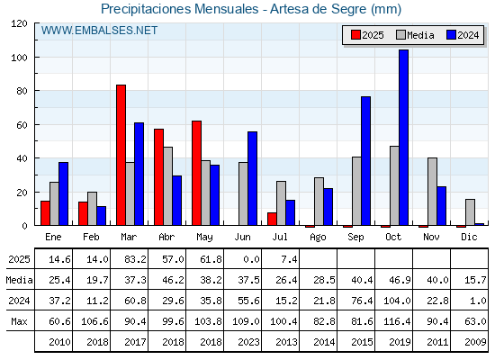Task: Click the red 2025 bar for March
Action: tap(121, 155)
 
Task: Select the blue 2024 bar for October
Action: tap(404, 138)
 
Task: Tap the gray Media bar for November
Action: tap(432, 192)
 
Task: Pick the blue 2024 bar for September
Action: tap(365, 161)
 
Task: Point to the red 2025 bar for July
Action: tap(272, 219)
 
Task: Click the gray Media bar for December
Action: tap(470, 212)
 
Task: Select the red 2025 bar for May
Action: tap(197, 173)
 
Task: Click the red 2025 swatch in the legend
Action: tap(355, 35)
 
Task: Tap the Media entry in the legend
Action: tap(415, 35)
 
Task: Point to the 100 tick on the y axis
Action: tap(36, 58)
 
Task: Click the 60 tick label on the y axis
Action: tap(22, 125)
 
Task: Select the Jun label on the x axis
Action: tap(242, 237)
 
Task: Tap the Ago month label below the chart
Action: tap(319, 238)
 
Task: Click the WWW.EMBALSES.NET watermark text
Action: tap(99, 31)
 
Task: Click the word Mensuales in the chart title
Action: tap(226, 9)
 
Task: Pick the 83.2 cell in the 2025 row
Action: tap(135, 259)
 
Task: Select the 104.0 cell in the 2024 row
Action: tap(397, 301)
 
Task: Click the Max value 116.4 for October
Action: tap(397, 321)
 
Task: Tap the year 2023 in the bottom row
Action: tap(248, 342)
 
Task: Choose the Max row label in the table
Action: tap(19, 321)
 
